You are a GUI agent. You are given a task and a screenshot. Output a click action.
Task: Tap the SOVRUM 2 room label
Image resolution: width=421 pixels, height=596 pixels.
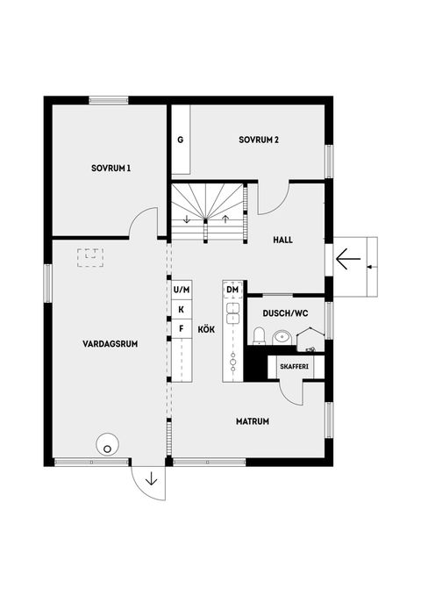click(258, 140)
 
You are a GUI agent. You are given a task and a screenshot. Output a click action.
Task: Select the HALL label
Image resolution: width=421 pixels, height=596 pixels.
click(282, 239)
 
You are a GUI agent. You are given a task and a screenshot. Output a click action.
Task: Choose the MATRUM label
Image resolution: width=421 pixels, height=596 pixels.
click(252, 421)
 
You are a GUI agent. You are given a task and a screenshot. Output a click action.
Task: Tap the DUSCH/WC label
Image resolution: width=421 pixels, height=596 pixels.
click(284, 313)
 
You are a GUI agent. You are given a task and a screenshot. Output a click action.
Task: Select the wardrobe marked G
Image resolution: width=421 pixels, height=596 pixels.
click(180, 140)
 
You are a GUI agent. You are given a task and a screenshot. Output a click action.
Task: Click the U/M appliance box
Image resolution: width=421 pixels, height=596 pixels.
click(181, 289)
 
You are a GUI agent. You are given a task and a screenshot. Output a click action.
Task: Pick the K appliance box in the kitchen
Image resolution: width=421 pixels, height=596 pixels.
click(181, 309)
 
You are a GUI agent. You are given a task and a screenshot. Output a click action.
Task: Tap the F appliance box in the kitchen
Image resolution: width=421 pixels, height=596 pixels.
click(181, 328)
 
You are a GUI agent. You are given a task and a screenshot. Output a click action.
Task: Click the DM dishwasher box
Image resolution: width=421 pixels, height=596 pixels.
click(232, 289)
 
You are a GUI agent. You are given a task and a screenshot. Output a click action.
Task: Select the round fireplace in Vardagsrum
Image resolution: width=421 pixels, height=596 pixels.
click(107, 445)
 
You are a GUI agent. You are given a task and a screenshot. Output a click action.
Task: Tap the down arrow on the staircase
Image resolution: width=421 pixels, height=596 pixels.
click(187, 219)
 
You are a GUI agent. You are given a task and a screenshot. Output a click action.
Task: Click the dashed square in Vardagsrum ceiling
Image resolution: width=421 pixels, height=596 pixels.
click(89, 257)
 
